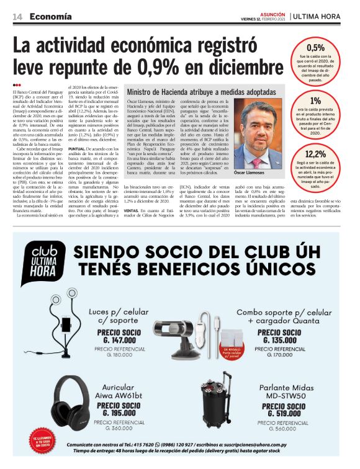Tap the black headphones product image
point(70,403)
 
